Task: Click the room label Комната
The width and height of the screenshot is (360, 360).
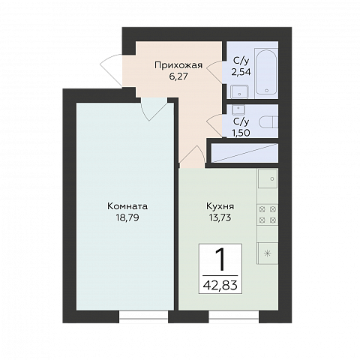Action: (x=127, y=206)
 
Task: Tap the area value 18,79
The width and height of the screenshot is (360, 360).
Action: (x=127, y=217)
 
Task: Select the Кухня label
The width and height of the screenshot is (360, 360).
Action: (x=220, y=206)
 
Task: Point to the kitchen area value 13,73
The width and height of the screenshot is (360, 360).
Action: (x=220, y=217)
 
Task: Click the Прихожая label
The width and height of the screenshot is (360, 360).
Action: (x=178, y=65)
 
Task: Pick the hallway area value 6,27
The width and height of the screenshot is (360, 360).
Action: (x=178, y=76)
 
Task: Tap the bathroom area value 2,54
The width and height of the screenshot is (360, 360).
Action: (x=241, y=72)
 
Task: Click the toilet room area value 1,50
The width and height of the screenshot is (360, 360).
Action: (x=241, y=133)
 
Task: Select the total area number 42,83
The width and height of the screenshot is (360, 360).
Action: (x=220, y=284)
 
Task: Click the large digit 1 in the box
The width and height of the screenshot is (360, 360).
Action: (x=220, y=261)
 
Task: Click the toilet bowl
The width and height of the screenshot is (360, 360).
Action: (x=268, y=123)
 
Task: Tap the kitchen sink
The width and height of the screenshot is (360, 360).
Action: (x=268, y=178)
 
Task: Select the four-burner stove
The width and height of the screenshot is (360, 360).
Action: (x=268, y=214)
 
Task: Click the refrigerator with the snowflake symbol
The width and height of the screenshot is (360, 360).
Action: (x=267, y=253)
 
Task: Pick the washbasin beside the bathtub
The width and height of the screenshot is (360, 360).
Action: (x=239, y=91)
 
